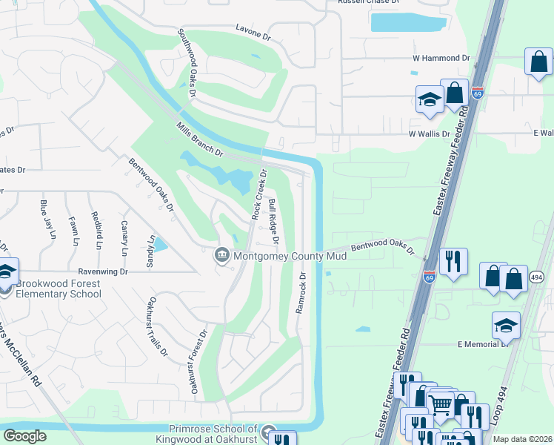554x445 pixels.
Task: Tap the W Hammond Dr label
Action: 441,58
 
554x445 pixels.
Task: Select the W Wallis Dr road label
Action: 430,133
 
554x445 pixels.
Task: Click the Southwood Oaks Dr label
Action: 186,64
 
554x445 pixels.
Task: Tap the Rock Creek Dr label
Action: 258,194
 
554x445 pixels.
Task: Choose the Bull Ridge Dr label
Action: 273,222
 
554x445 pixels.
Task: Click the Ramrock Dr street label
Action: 301,292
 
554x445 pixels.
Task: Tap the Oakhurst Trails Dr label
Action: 156,326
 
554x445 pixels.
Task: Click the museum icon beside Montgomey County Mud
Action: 221,256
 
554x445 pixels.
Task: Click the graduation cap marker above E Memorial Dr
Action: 506,325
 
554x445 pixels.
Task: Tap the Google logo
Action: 25,436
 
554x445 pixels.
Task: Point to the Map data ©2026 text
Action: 523,439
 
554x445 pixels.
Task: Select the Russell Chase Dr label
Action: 368,2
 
